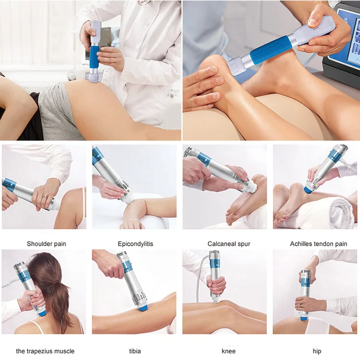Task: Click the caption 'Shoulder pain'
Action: (x=46, y=244)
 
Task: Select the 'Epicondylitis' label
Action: (x=135, y=244)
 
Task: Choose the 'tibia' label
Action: (x=135, y=351)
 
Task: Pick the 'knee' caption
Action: (x=226, y=351)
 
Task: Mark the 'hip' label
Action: (x=317, y=351)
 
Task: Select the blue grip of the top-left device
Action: (x=93, y=54)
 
